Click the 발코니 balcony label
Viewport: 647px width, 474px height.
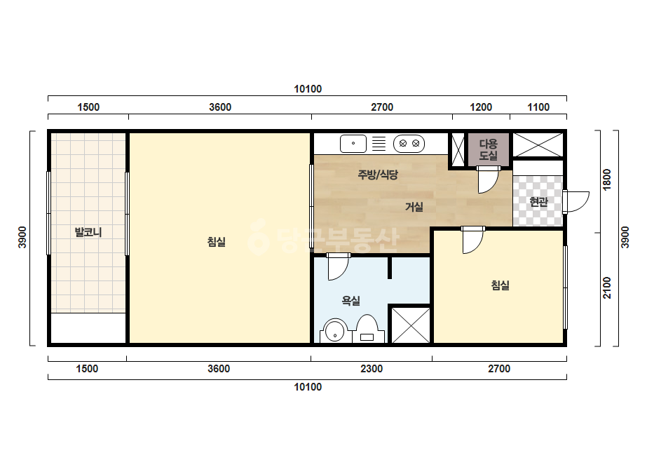(88, 232)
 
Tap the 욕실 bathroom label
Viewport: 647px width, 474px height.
(350, 301)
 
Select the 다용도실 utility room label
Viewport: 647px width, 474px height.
(488, 150)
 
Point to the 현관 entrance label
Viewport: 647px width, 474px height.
(538, 202)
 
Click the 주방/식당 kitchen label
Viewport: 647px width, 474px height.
(378, 175)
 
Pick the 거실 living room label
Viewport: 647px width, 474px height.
(414, 206)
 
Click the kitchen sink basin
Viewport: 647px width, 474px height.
(353, 144)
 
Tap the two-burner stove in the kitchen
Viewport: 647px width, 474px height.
(409, 144)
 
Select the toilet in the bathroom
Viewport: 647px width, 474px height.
(367, 329)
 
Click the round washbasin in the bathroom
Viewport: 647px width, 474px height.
(335, 331)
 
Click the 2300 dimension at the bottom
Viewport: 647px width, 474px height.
(372, 368)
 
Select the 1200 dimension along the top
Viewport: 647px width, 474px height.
(481, 107)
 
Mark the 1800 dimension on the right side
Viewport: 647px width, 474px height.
(607, 180)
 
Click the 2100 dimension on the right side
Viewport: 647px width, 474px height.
(607, 287)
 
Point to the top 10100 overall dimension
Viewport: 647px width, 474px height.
(308, 89)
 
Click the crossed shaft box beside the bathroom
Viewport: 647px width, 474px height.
(411, 325)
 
